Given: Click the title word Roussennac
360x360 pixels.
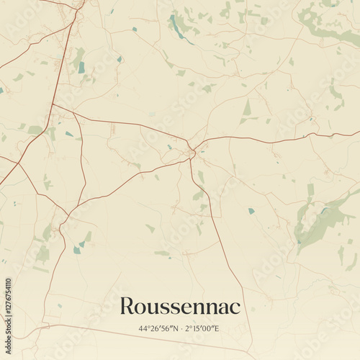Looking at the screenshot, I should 180,305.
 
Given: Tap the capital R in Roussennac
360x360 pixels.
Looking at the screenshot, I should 127,305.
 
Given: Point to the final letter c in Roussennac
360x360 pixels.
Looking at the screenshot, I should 235,307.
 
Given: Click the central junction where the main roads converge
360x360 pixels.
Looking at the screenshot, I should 192,150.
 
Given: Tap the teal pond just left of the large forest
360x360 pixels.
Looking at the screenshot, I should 251,211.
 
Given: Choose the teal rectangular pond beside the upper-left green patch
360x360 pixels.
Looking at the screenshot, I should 81,67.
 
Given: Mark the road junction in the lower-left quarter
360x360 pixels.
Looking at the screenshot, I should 68,215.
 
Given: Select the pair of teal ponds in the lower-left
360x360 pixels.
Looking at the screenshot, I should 78,248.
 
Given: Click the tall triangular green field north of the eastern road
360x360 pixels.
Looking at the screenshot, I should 247,108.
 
